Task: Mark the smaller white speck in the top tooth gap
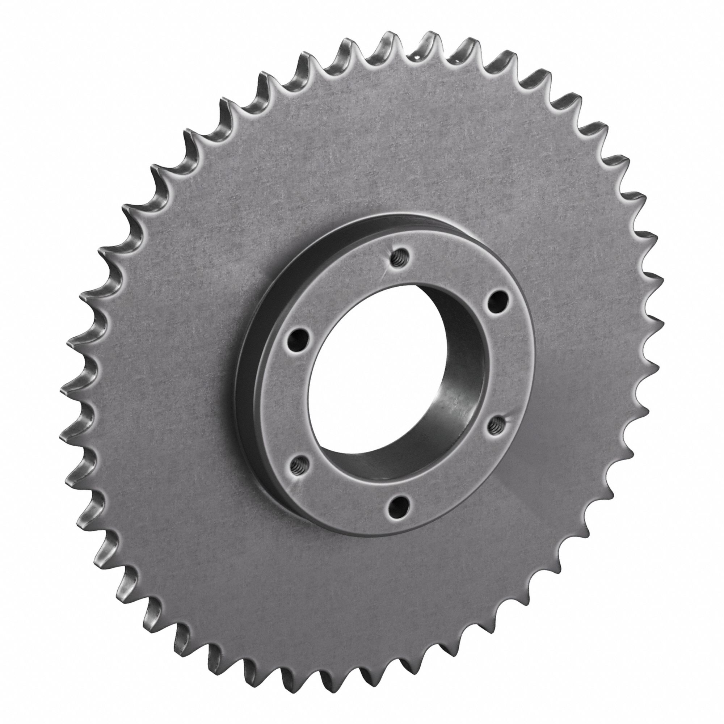pos(452,59)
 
